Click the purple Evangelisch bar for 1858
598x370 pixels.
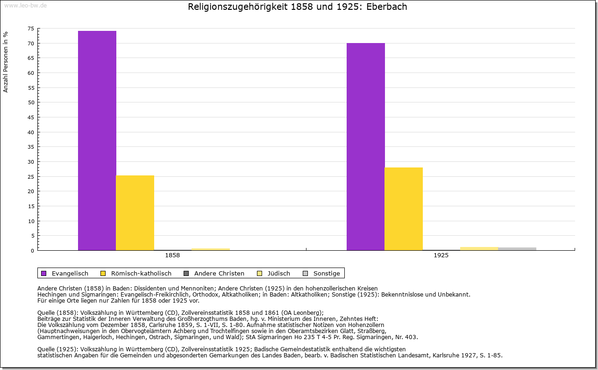(x=97, y=140)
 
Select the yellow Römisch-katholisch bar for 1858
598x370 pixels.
(x=135, y=213)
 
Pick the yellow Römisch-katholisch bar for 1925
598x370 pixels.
(x=404, y=209)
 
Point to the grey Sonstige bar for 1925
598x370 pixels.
(x=517, y=249)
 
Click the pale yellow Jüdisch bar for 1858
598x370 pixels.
(x=210, y=249)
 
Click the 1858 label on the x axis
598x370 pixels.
(x=172, y=256)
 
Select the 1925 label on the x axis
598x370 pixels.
(x=441, y=256)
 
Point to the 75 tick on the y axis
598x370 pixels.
(x=30, y=29)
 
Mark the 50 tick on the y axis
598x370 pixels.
(x=30, y=102)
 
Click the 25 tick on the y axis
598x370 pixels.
(x=30, y=177)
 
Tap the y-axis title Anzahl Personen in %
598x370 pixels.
(x=6, y=62)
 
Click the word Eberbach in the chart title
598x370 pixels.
(x=387, y=7)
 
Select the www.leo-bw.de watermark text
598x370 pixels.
(x=25, y=6)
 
